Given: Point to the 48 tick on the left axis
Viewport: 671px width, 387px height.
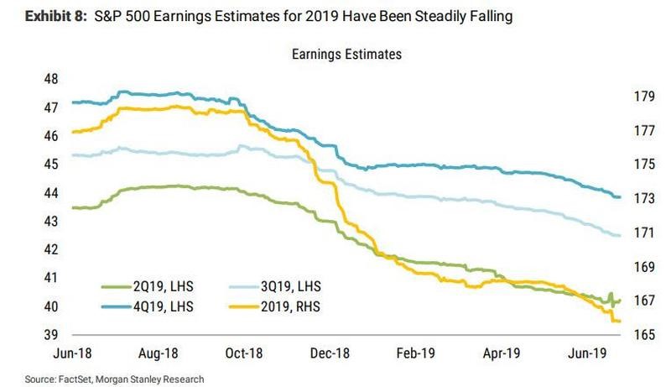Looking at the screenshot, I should pyautogui.click(x=50, y=79).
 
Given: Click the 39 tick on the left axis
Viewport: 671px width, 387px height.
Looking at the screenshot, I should pyautogui.click(x=50, y=334).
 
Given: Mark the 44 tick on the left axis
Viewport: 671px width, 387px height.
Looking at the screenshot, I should pyautogui.click(x=50, y=193).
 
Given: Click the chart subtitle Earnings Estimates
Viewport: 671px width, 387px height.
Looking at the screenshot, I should pyautogui.click(x=347, y=55).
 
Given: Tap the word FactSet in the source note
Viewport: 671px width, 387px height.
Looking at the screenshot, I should pyautogui.click(x=65, y=379).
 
